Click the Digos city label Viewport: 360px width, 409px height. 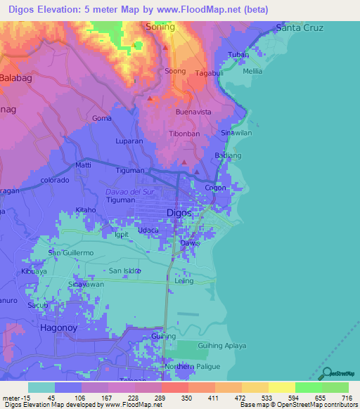179,212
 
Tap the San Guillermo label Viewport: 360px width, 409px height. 70,252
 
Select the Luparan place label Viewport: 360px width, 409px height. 129,141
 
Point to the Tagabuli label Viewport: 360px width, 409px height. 209,72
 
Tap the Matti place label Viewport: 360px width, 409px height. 83,166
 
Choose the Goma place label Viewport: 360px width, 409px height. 102,118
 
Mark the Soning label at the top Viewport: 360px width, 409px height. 160,27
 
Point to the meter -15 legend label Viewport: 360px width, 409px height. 14,398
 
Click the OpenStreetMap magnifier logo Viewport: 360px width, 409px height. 326,373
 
